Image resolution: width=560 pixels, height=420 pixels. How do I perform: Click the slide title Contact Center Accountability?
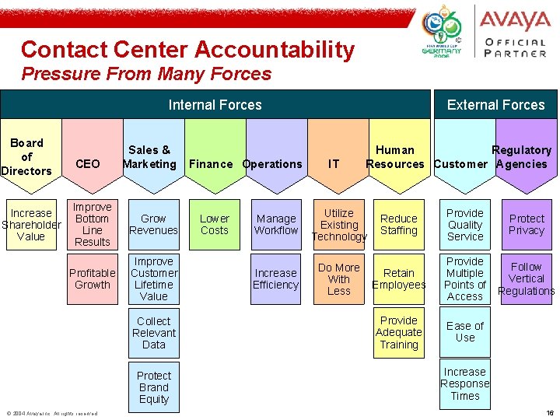(x=187, y=50)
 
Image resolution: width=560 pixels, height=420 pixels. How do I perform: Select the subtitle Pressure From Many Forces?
(x=146, y=75)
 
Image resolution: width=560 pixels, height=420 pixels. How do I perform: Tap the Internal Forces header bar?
(x=215, y=105)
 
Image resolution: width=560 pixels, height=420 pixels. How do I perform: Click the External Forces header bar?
(x=495, y=105)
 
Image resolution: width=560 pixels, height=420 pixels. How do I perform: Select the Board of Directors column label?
(x=28, y=156)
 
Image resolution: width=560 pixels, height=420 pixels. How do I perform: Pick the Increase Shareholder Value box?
(x=31, y=225)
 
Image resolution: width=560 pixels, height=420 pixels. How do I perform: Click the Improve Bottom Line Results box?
(x=92, y=225)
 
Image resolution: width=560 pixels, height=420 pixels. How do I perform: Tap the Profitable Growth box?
(x=92, y=278)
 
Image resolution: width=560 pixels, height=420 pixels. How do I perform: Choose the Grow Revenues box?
(x=153, y=225)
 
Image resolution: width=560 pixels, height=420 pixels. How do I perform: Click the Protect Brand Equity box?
(x=153, y=387)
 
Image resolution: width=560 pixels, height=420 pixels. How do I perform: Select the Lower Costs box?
(x=215, y=225)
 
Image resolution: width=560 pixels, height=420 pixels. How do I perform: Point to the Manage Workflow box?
(x=276, y=225)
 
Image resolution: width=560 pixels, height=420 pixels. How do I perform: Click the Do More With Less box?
(x=338, y=278)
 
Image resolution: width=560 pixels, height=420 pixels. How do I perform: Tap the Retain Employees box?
(x=399, y=278)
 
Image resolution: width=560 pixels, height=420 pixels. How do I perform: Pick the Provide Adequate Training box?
(x=399, y=332)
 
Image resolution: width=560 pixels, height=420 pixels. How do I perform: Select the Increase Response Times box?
(x=465, y=383)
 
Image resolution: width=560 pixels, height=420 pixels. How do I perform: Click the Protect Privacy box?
(x=527, y=225)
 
